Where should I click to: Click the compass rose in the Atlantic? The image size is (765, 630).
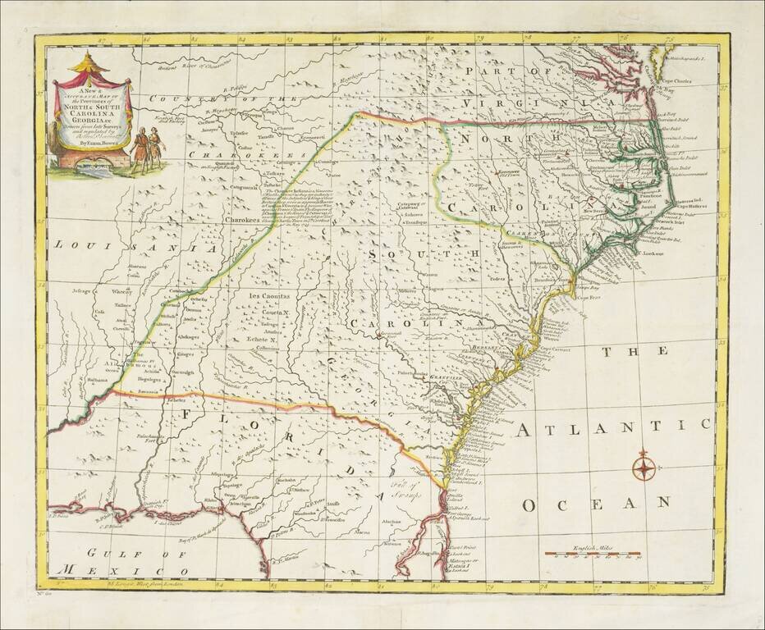pyautogui.click(x=644, y=468)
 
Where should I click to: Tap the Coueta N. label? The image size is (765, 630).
pyautogui.click(x=276, y=313)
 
